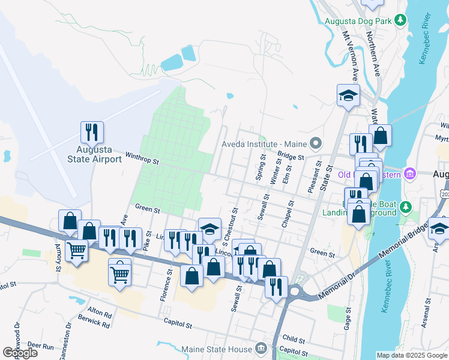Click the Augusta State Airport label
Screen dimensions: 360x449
[92, 153]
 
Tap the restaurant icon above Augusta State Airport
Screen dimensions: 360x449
[92, 132]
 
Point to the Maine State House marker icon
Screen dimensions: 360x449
[261, 347]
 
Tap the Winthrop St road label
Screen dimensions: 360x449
[142, 159]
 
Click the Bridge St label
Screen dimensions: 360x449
[291, 156]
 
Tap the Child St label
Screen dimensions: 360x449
[294, 340]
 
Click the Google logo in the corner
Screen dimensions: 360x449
[20, 353]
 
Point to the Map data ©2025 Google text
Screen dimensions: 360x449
[412, 355]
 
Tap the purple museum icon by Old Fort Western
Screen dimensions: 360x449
[411, 174]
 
